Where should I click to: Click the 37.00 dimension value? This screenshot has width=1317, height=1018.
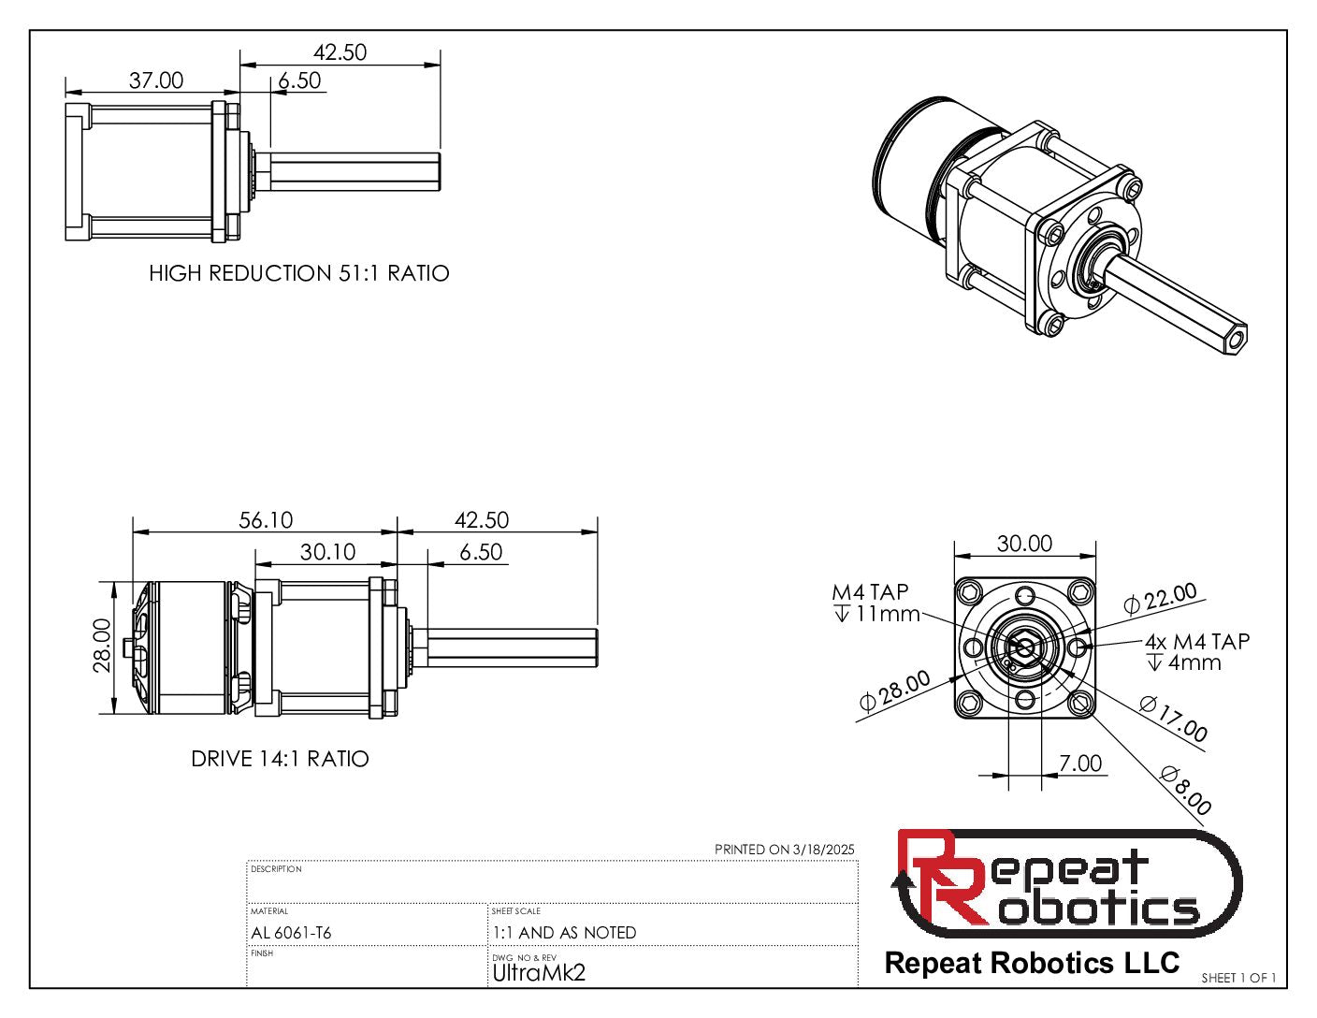click(156, 80)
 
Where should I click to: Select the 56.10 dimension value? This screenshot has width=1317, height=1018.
click(266, 520)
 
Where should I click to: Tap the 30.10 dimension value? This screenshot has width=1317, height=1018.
click(327, 552)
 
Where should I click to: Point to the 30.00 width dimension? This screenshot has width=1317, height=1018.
click(1024, 544)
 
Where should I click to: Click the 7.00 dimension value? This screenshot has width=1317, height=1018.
click(1080, 763)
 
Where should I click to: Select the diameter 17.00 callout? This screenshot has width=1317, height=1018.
click(1174, 719)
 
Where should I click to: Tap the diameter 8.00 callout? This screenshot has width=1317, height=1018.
click(1186, 790)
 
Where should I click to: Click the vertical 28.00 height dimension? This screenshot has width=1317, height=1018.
click(102, 645)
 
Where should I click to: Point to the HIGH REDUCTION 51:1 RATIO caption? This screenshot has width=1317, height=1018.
click(299, 273)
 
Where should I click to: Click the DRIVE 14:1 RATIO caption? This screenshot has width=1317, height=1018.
click(280, 759)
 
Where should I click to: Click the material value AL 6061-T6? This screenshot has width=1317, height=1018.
click(291, 933)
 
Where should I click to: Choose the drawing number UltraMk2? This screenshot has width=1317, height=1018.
click(539, 973)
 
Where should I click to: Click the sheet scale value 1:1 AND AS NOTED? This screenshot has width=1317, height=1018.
click(564, 933)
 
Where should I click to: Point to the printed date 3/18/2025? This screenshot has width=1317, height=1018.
click(823, 850)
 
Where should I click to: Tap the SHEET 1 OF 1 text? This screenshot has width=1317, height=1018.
click(1238, 978)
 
